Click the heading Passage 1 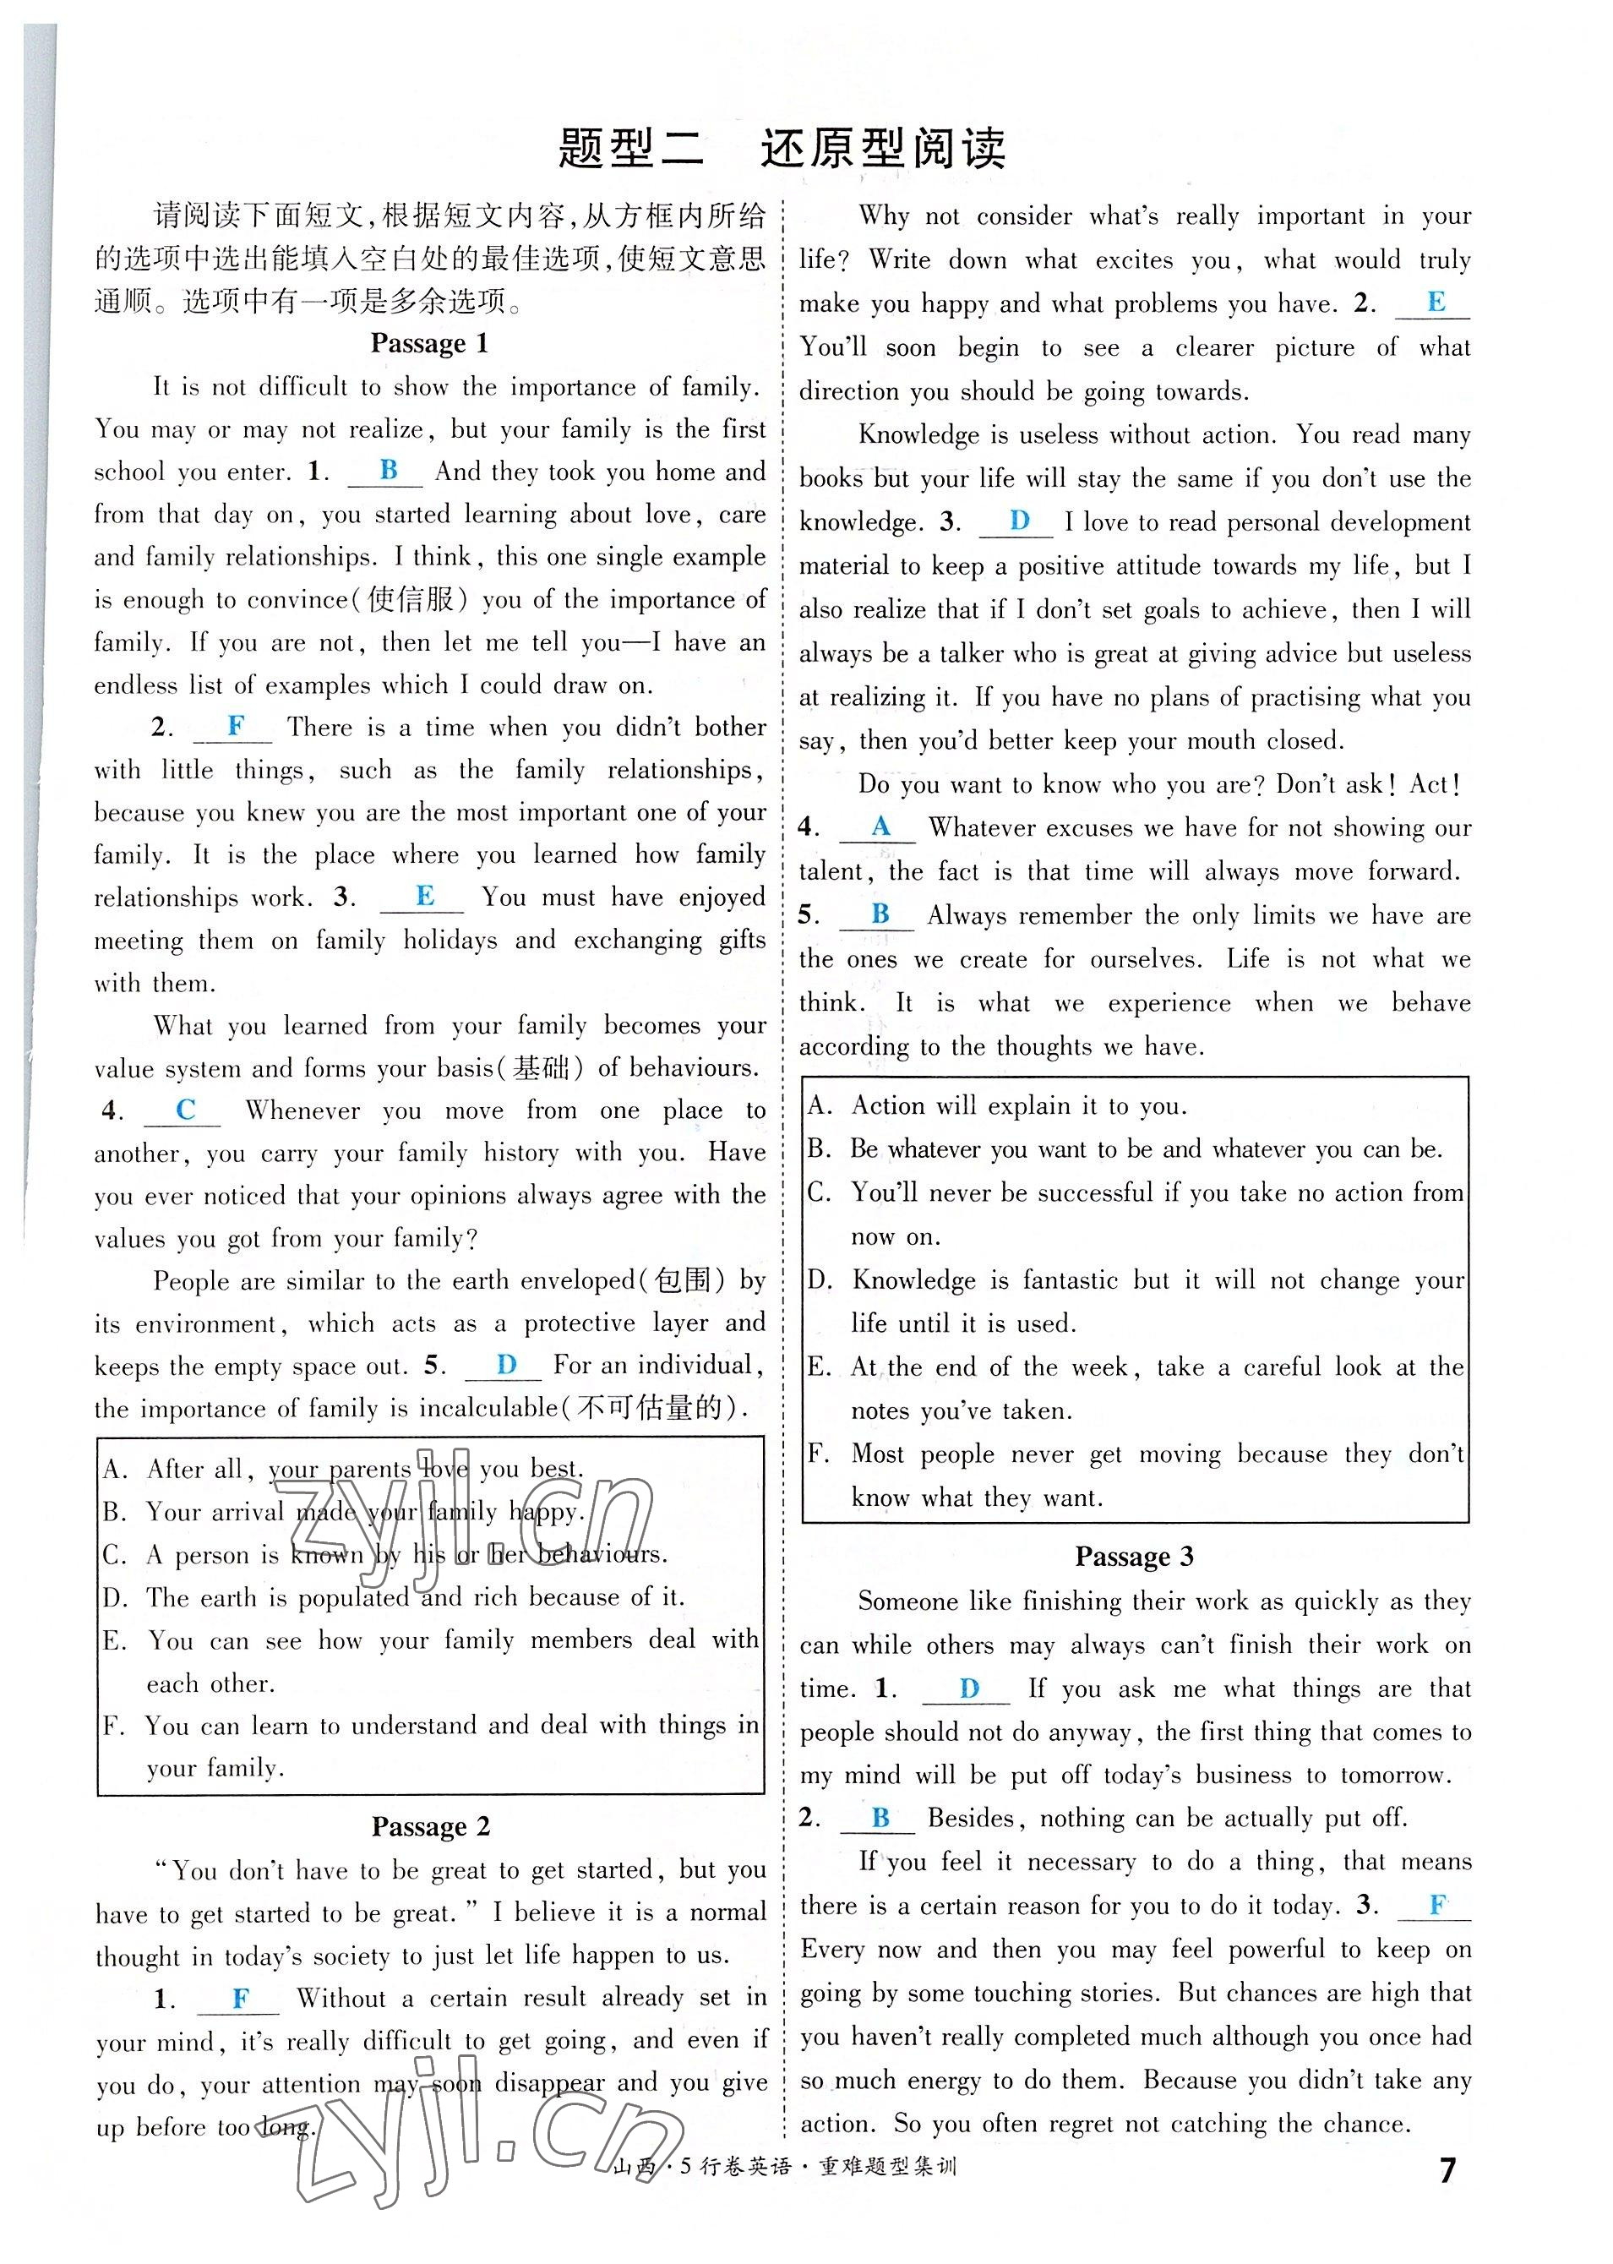(429, 344)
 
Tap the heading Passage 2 (430, 1826)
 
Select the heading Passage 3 (1133, 1557)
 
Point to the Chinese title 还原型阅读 (883, 149)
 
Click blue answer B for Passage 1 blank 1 (389, 470)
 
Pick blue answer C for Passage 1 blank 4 (185, 1110)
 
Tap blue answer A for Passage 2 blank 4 (880, 826)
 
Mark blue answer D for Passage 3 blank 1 (969, 1688)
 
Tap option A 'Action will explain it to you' (1018, 1105)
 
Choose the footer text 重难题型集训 (886, 2168)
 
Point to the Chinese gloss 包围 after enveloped (683, 1281)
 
